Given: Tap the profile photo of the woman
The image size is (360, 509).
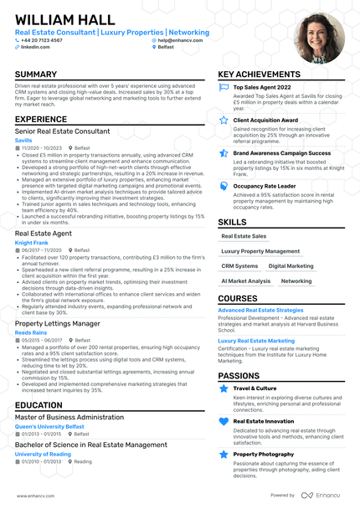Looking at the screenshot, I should click(318, 39).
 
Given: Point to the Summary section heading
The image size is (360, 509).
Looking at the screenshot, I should click(36, 75).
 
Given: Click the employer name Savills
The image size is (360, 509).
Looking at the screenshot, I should click(23, 140).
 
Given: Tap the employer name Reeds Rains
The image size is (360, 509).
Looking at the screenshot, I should click(31, 332).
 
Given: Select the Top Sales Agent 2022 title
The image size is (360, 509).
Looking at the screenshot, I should click(262, 87).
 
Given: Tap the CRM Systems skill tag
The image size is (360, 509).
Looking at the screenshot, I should click(239, 265).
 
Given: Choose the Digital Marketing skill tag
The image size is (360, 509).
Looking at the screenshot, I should click(291, 265).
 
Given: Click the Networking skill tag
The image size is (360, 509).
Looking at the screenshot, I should click(296, 281).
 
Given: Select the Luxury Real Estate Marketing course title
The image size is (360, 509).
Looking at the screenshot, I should click(256, 341).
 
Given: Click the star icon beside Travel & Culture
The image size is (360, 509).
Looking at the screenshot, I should click(224, 388).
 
